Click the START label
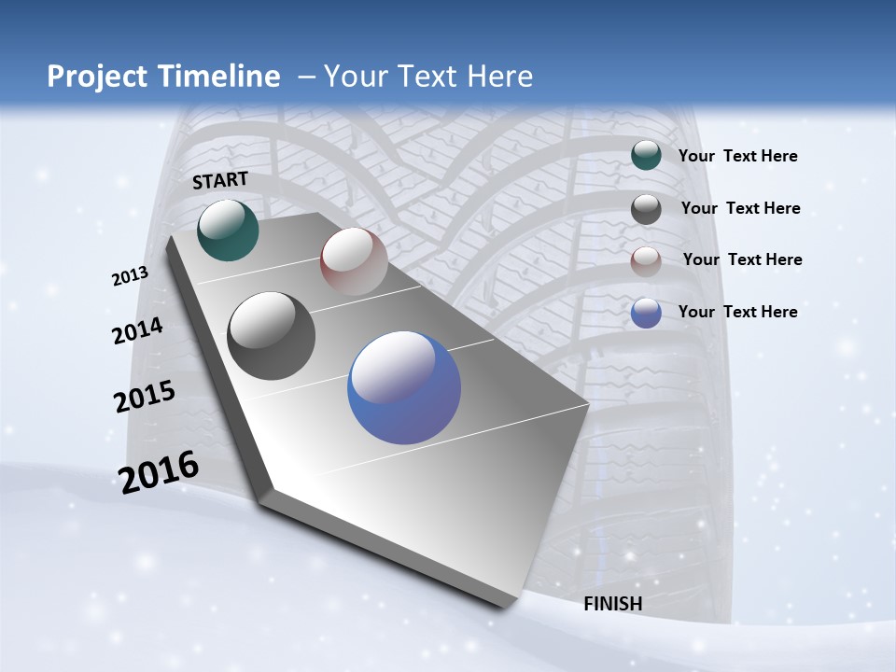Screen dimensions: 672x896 pyautogui.click(x=220, y=180)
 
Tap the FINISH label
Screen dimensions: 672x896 pyautogui.click(x=613, y=604)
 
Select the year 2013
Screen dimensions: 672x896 pyautogui.click(x=130, y=276)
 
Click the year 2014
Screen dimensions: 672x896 pyautogui.click(x=137, y=331)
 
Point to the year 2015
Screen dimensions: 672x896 pyautogui.click(x=145, y=396)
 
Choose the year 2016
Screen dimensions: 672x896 pyautogui.click(x=159, y=471)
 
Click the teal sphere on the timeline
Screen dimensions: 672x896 pyautogui.click(x=228, y=230)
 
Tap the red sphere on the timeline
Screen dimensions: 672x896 pyautogui.click(x=354, y=261)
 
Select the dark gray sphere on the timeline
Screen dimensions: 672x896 pyautogui.click(x=271, y=336)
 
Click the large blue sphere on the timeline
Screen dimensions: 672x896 pyautogui.click(x=404, y=387)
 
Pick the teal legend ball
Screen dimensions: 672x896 pyautogui.click(x=646, y=155)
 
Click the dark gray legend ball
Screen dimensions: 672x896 pyautogui.click(x=646, y=208)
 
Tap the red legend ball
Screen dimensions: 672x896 pyautogui.click(x=646, y=260)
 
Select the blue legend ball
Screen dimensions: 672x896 pyautogui.click(x=646, y=313)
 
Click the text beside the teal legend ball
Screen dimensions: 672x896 pyautogui.click(x=737, y=156)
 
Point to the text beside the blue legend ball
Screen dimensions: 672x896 pyautogui.click(x=737, y=312)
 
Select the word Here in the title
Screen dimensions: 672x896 pyautogui.click(x=500, y=77)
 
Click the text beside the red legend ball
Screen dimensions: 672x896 pyautogui.click(x=742, y=259)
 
